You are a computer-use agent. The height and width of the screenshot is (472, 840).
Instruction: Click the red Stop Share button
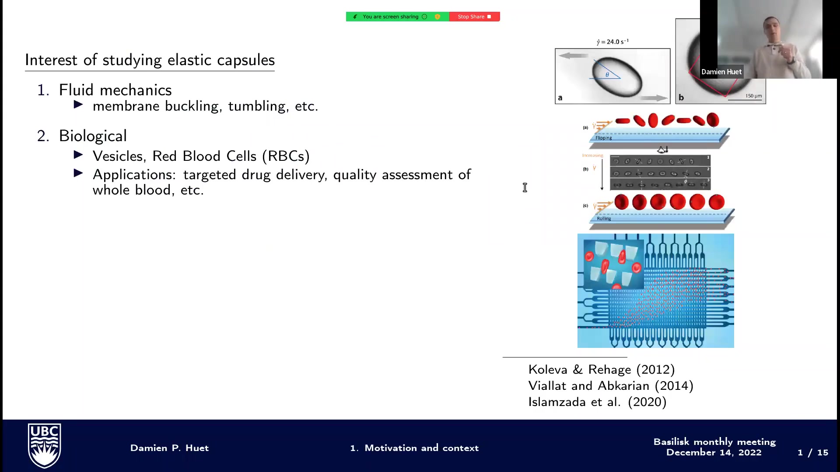[474, 17]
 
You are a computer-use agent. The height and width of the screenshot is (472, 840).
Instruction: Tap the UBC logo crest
[44, 445]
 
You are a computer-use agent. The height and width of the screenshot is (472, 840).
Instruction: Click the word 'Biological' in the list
[93, 136]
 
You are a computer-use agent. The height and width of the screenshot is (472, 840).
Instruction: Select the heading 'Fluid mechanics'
[115, 90]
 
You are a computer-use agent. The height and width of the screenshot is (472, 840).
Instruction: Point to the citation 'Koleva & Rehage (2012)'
[602, 370]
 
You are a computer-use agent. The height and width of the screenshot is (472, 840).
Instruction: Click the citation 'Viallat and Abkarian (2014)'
[611, 386]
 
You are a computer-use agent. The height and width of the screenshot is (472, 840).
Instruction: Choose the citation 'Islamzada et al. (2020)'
[597, 402]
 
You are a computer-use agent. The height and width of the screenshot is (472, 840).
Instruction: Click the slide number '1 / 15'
[812, 453]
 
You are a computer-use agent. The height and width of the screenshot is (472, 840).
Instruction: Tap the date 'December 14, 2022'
[714, 453]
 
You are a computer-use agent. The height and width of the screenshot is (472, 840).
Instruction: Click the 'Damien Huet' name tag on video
[721, 72]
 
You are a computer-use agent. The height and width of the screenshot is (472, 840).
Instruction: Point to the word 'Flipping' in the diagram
[603, 138]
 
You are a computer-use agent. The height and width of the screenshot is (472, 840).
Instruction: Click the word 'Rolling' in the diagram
[604, 219]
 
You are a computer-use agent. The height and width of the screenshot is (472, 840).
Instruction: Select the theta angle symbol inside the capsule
[607, 75]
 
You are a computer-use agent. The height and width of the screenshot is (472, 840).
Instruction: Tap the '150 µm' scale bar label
[753, 96]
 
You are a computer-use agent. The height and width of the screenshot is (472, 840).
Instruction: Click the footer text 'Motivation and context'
[421, 448]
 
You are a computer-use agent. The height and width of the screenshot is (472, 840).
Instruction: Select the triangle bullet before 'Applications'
[79, 174]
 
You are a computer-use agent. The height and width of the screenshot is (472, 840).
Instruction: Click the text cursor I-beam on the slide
[525, 187]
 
